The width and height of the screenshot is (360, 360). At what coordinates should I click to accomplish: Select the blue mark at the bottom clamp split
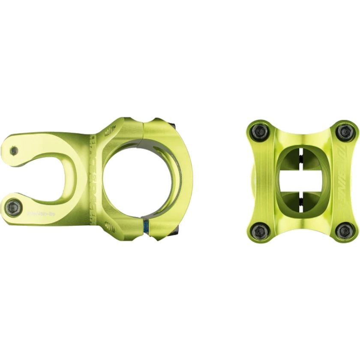[x=146, y=227]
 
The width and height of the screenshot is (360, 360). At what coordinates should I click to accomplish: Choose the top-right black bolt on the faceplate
[x=345, y=131]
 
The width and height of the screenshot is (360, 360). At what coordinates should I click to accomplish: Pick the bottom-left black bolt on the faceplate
[x=258, y=231]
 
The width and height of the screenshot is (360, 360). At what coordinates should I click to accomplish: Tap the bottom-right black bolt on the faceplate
[x=345, y=231]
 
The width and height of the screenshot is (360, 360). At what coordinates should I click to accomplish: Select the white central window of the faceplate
[x=303, y=180]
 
